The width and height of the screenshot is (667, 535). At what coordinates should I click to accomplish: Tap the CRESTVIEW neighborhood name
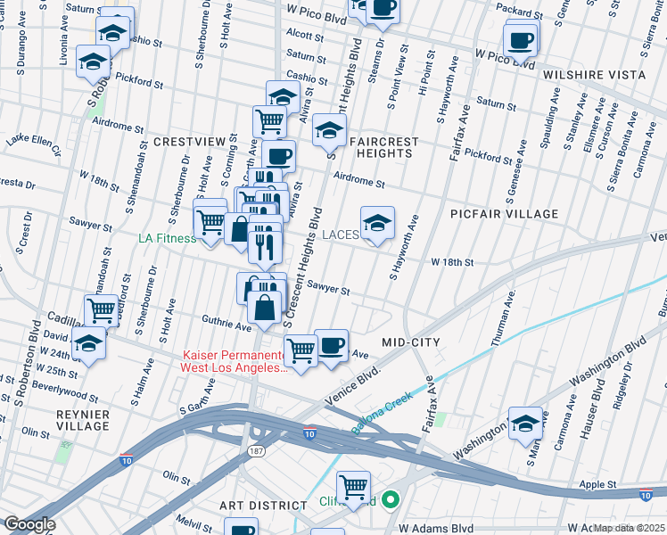[186, 142]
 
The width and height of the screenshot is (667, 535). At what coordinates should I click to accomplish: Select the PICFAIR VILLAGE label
[505, 214]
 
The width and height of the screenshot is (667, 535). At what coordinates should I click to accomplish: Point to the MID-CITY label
[407, 342]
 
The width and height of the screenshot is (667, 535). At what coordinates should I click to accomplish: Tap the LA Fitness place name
[167, 238]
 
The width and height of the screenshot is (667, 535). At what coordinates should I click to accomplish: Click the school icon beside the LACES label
[377, 223]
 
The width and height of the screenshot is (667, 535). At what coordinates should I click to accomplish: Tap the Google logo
[29, 524]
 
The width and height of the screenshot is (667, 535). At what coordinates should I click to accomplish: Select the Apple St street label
[597, 484]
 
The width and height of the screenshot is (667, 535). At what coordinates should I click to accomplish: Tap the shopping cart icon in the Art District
[354, 487]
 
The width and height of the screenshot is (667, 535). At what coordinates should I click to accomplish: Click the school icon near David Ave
[89, 342]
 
